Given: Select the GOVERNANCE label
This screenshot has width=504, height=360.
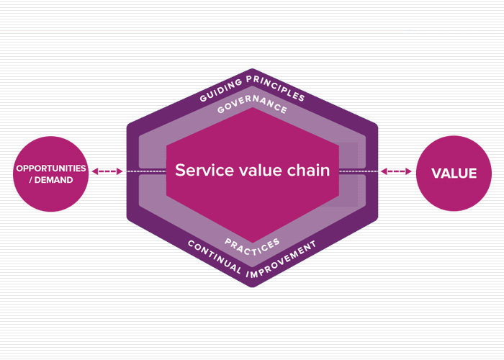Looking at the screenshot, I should tap(252, 109).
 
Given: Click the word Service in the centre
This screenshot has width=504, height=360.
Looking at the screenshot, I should tap(199, 171).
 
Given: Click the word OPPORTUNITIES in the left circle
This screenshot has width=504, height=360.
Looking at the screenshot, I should tap(51, 168).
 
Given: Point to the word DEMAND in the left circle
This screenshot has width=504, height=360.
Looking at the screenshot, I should tap(55, 179).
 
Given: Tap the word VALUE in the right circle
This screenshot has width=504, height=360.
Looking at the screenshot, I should tap(454, 174).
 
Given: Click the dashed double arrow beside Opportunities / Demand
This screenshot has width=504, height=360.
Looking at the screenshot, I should tap(108, 171).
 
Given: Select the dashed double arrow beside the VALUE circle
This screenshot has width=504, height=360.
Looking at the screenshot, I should tap(396, 171).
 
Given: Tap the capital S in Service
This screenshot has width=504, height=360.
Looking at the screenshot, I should tap(180, 171).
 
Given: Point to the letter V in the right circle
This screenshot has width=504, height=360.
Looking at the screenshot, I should tap(436, 174).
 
